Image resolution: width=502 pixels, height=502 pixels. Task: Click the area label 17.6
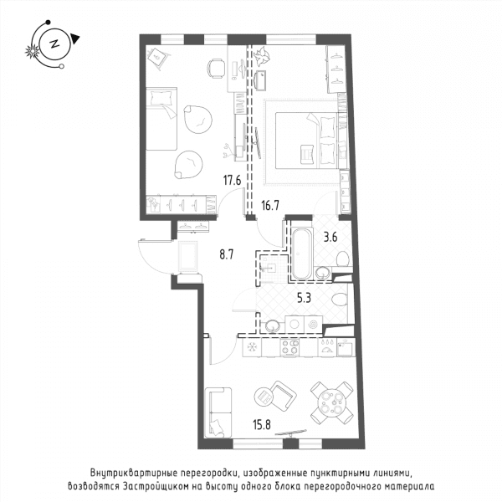click(x=232, y=181)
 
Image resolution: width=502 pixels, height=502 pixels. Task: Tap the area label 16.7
click(x=269, y=206)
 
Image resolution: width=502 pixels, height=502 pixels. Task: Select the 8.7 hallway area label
click(x=227, y=255)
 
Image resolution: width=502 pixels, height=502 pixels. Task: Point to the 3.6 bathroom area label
click(x=330, y=238)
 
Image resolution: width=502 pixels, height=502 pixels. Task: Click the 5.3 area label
click(x=304, y=299)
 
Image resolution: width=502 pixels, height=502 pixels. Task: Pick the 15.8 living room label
click(x=262, y=425)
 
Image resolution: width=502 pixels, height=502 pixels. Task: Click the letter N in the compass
click(x=54, y=44)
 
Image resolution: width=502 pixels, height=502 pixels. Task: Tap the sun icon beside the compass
click(x=33, y=52)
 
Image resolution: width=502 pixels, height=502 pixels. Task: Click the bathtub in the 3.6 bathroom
click(x=301, y=254)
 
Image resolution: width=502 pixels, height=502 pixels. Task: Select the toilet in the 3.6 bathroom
click(x=342, y=259)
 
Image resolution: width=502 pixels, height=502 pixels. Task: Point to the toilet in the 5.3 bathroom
click(x=340, y=300)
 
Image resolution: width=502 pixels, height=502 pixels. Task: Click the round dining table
click(x=331, y=402)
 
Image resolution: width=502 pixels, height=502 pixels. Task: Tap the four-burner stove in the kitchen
click(x=289, y=347)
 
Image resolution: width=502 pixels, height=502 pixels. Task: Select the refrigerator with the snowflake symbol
click(x=252, y=347)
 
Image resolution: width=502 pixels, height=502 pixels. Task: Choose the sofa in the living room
click(x=218, y=412)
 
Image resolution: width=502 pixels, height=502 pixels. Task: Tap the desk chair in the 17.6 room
click(x=216, y=69)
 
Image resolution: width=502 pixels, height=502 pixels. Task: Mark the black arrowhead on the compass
click(x=75, y=38)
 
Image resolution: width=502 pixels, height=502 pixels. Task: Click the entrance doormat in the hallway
click(x=187, y=257)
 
